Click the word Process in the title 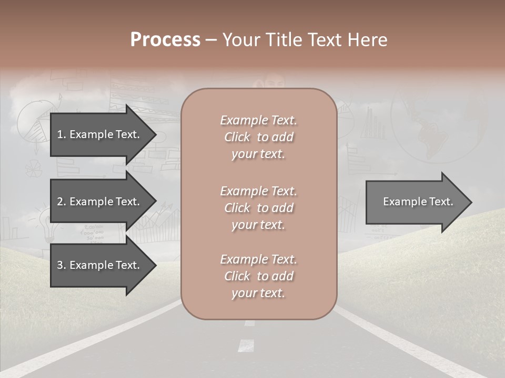point(165,39)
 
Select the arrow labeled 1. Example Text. point(99,134)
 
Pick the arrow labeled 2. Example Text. point(99,202)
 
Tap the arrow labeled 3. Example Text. point(99,265)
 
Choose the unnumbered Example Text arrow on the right point(418,202)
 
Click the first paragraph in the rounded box point(258,137)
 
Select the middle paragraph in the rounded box point(258,207)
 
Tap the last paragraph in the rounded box point(258,276)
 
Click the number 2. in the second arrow point(61,202)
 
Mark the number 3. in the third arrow point(61,265)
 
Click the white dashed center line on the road point(246,345)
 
